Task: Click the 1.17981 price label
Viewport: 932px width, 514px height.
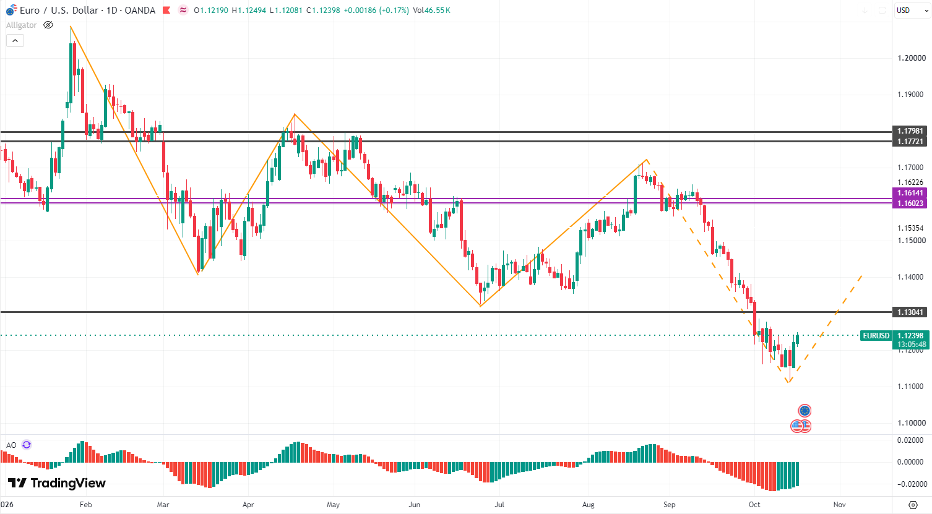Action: coord(910,131)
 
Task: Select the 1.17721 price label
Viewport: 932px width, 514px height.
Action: coord(910,142)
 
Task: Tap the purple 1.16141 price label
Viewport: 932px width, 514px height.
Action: coord(910,193)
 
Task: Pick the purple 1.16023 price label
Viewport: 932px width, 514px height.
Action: coord(910,203)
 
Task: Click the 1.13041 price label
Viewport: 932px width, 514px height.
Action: coord(910,312)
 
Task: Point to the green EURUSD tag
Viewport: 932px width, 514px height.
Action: coord(876,336)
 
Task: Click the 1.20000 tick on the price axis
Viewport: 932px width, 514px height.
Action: coord(912,58)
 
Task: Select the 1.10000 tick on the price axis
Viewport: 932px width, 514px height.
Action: coord(912,423)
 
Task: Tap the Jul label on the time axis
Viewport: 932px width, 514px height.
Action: coord(499,505)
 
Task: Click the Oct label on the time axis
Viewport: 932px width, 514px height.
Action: coord(754,505)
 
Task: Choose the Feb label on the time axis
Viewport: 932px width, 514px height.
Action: coord(85,505)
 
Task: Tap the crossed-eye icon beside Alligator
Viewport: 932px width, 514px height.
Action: coord(48,25)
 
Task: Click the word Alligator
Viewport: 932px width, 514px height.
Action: coord(21,25)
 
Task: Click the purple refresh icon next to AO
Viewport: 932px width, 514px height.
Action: coord(27,445)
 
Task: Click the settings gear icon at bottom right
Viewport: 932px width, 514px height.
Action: coord(913,505)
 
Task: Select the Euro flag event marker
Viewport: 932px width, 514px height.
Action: coord(805,411)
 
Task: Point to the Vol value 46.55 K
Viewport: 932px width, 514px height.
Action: coord(438,11)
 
